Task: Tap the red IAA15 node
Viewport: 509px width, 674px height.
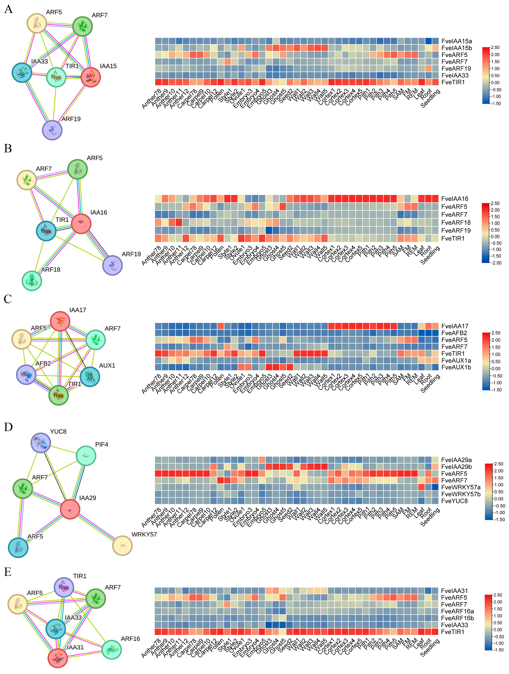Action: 91,77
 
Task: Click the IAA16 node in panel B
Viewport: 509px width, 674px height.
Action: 81,224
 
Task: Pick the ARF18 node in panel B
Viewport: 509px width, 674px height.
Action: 32,280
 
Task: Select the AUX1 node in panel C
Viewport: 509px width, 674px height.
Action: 90,377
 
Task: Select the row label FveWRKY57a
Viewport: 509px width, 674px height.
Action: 461,487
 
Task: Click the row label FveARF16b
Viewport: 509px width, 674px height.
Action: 457,618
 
